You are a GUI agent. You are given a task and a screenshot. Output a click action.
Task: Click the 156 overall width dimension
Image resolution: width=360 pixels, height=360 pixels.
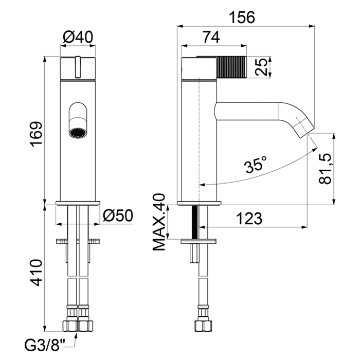click(242, 17)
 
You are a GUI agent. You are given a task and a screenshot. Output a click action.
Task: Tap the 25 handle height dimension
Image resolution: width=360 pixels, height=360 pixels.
click(261, 67)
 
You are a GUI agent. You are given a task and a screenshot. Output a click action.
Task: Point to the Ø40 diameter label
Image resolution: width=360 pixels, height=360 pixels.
click(78, 37)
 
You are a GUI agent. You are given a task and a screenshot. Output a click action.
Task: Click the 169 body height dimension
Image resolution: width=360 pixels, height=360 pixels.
click(36, 134)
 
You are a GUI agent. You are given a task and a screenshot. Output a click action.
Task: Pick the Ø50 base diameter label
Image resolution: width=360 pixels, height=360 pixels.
click(118, 216)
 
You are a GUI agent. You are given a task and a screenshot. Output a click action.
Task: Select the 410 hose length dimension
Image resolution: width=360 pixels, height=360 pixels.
click(37, 273)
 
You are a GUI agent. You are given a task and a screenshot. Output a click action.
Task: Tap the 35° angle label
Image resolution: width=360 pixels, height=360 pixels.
click(255, 164)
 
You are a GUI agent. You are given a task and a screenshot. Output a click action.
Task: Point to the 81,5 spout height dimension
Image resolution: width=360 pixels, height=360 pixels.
click(325, 169)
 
